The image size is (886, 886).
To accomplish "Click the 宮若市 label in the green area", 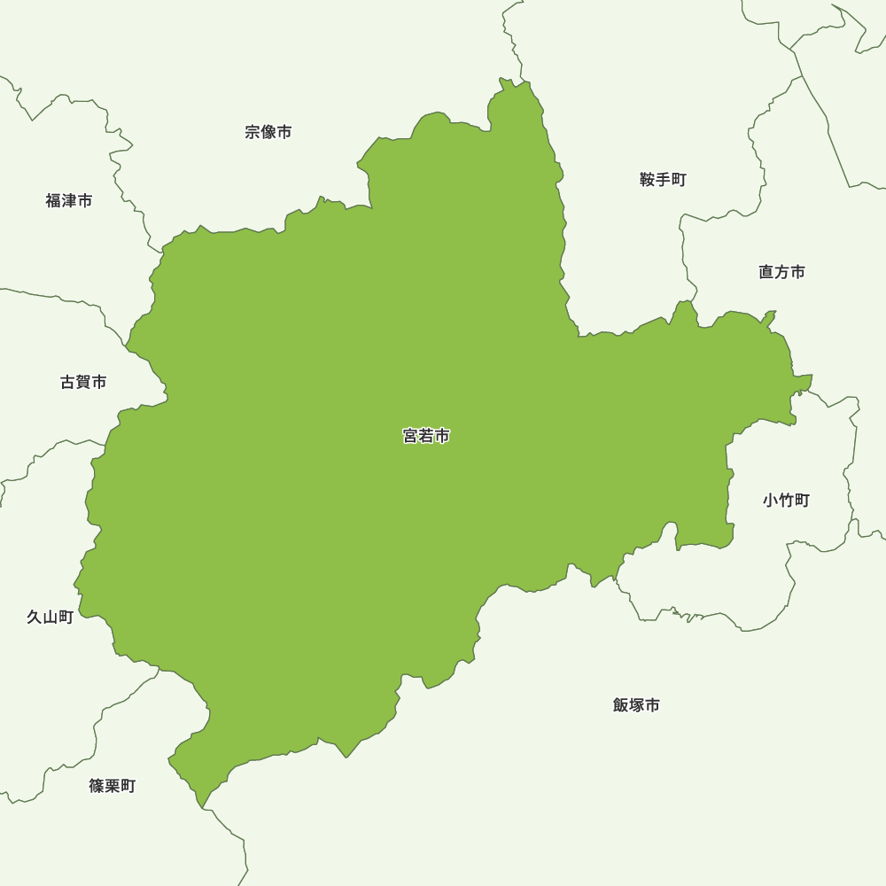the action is pyautogui.click(x=426, y=436).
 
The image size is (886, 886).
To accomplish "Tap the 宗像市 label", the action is pyautogui.click(x=268, y=132).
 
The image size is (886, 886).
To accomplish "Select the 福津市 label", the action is pyautogui.click(x=69, y=201).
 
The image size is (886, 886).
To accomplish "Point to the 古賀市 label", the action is pyautogui.click(x=83, y=382).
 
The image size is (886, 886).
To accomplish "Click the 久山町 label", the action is pyautogui.click(x=50, y=618).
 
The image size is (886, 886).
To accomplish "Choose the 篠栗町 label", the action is pyautogui.click(x=113, y=786).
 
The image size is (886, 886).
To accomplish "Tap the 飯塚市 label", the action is pyautogui.click(x=636, y=705).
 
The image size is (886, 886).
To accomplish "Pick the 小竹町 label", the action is pyautogui.click(x=786, y=501).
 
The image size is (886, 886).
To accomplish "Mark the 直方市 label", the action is pyautogui.click(x=781, y=272).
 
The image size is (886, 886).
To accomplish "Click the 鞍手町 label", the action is pyautogui.click(x=663, y=180).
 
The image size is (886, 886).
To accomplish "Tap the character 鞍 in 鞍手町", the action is pyautogui.click(x=648, y=180).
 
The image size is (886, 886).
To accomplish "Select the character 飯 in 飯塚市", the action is pyautogui.click(x=621, y=705).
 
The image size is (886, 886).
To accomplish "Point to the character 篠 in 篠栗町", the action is pyautogui.click(x=97, y=786).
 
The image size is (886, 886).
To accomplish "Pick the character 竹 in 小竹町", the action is pyautogui.click(x=786, y=501).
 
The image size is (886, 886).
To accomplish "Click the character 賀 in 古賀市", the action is pyautogui.click(x=83, y=382).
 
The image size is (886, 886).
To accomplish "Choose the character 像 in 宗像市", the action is pyautogui.click(x=268, y=132).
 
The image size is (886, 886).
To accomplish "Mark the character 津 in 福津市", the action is pyautogui.click(x=69, y=201).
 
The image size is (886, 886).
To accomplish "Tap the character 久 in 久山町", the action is pyautogui.click(x=35, y=618).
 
